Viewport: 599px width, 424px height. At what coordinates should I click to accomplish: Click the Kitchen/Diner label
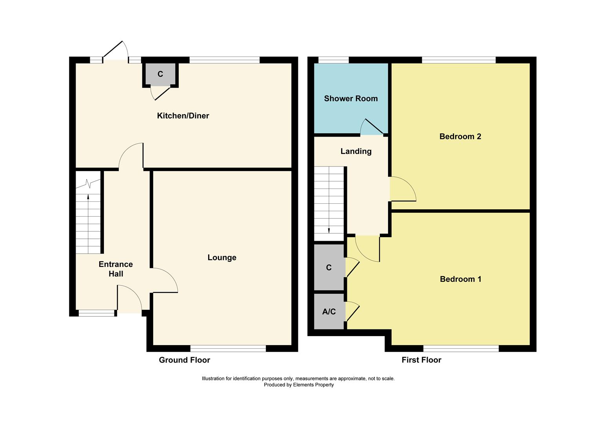(x=183, y=116)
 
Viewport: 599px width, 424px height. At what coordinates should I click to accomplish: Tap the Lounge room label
(x=222, y=258)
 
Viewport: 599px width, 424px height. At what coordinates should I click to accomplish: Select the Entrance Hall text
(x=116, y=269)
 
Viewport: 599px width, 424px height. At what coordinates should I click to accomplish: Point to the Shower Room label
(x=351, y=99)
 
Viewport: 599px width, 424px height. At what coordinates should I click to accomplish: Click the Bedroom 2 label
(x=460, y=136)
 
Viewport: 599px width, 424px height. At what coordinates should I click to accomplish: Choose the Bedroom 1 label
(x=461, y=279)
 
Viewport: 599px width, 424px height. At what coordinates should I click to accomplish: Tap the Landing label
(x=356, y=151)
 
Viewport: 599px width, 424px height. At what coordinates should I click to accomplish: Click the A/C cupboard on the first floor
(x=329, y=311)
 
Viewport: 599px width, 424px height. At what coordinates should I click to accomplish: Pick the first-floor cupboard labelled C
(x=329, y=267)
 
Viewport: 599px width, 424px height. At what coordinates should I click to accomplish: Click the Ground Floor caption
(x=185, y=360)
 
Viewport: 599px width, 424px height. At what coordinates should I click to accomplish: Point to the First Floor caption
(x=421, y=360)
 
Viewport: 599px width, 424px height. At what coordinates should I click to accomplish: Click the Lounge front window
(x=228, y=348)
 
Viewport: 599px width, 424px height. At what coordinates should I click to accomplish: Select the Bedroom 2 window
(x=459, y=60)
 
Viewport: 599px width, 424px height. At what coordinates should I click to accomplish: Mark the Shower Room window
(x=334, y=60)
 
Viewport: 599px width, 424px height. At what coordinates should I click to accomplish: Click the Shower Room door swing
(x=372, y=126)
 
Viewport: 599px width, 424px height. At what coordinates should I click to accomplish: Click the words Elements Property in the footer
(x=313, y=385)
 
